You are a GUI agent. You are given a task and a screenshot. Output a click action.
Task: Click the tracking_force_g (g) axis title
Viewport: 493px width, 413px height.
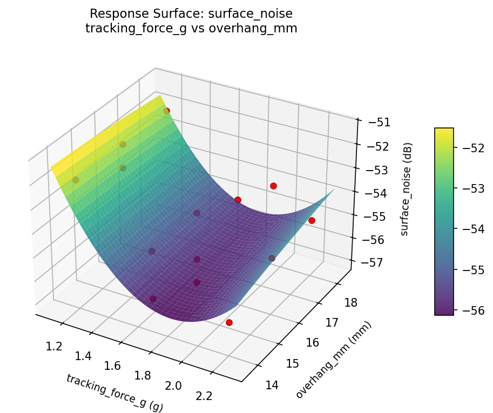point(114,392)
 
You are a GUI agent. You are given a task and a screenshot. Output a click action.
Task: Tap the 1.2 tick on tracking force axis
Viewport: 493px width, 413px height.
point(54,346)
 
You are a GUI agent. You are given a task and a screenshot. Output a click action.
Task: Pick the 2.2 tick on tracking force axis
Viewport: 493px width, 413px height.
point(204,396)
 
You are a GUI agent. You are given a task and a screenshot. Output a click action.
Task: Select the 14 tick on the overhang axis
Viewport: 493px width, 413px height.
point(273,385)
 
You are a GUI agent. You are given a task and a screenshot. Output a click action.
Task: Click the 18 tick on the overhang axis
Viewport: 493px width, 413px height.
point(350,302)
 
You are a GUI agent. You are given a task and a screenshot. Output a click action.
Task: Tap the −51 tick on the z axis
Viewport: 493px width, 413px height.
point(380,123)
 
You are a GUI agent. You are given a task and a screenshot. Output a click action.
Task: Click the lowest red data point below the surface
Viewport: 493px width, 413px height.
point(229,322)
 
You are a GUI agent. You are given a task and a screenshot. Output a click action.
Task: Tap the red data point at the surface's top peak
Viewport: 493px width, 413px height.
point(166,111)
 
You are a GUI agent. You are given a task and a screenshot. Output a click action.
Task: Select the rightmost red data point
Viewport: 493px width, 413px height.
point(312,220)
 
